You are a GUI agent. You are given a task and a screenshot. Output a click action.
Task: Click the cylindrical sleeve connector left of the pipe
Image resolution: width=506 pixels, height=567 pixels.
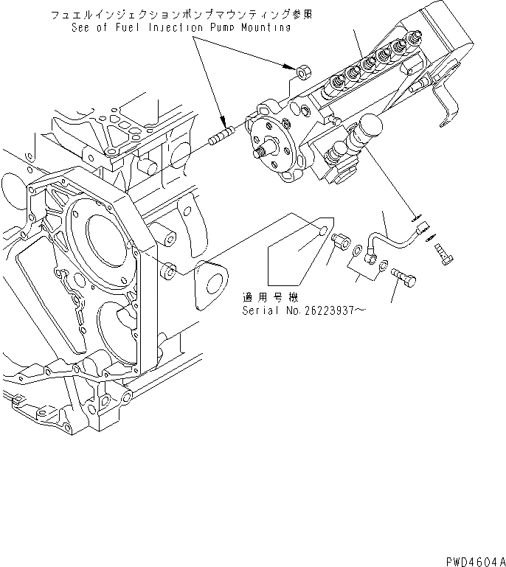click(x=342, y=240)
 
